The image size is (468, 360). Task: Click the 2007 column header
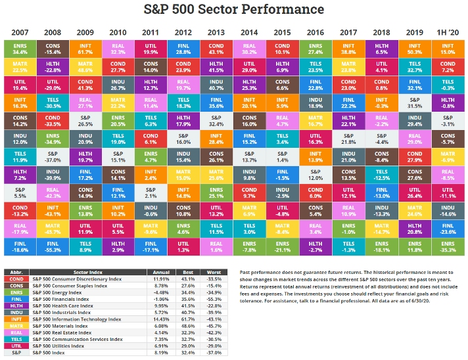pyautogui.click(x=20, y=32)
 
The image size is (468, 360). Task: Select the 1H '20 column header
pyautogui.click(x=448, y=32)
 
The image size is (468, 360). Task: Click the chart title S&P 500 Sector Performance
pyautogui.click(x=234, y=9)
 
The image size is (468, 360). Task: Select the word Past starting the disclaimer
pyautogui.click(x=247, y=272)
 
